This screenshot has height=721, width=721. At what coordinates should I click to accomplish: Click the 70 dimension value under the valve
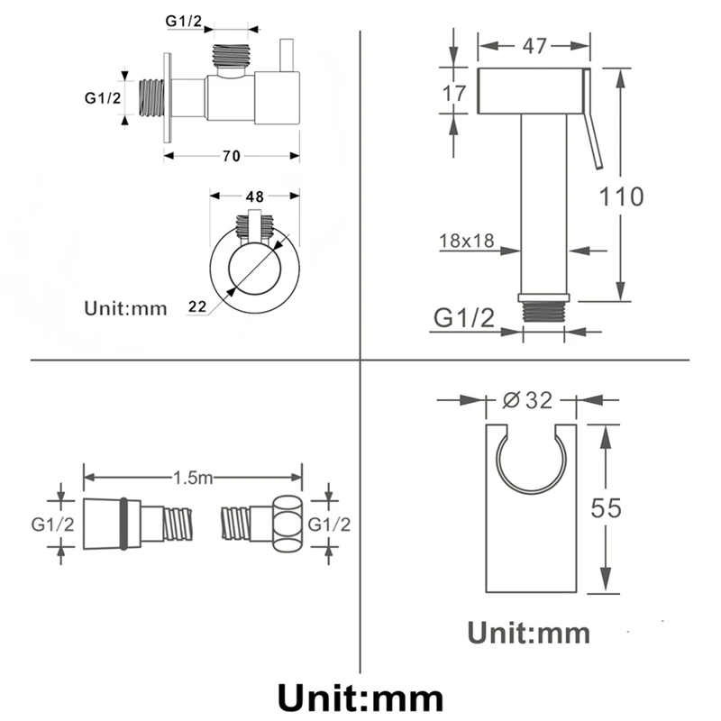click(232, 156)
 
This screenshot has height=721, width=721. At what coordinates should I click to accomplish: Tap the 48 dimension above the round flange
click(254, 196)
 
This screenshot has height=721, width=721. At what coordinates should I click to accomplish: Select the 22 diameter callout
click(197, 306)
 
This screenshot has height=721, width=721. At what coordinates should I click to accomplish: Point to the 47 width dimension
click(534, 46)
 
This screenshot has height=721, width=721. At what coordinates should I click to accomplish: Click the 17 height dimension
click(454, 94)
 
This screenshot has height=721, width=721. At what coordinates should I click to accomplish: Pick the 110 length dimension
click(621, 196)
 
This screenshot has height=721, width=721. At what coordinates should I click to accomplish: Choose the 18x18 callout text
click(466, 241)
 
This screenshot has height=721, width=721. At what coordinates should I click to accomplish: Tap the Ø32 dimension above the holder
click(527, 400)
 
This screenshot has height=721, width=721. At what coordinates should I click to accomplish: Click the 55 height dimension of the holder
click(606, 508)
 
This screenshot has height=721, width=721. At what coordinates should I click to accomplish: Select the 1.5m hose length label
click(193, 478)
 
